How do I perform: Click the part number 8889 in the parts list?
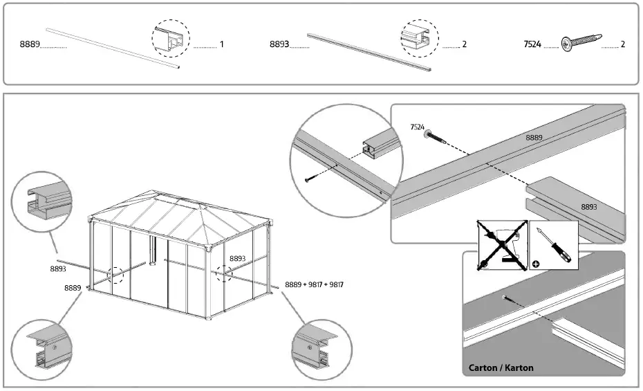[x=29, y=44]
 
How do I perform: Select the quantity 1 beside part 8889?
[x=221, y=44]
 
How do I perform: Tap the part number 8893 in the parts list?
[x=279, y=44]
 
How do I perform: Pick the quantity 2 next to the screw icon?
[x=623, y=44]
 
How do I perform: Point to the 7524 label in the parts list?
[x=532, y=44]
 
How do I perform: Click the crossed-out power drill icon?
[x=503, y=244]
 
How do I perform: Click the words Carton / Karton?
[x=501, y=367]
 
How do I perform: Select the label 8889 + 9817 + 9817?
[x=314, y=284]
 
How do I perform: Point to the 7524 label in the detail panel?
[x=417, y=127]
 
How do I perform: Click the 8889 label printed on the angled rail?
[x=534, y=138]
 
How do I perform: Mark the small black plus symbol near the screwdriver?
[x=536, y=264]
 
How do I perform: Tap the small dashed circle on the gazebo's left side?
[x=115, y=275]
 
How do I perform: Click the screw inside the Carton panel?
[x=507, y=298]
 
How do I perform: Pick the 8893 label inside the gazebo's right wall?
[x=237, y=258]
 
